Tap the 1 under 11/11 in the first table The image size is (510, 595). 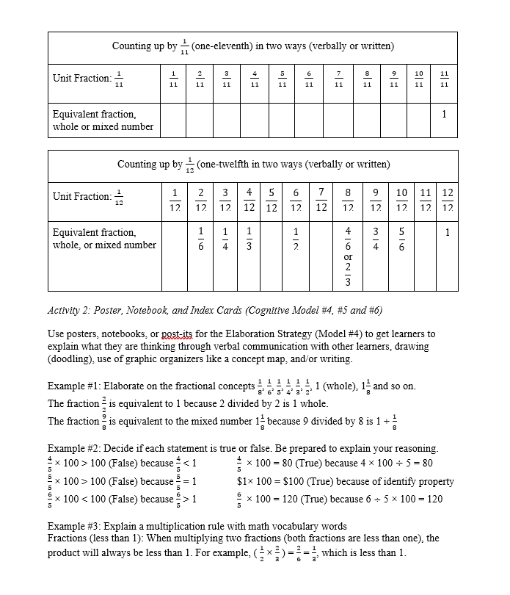tap(444, 115)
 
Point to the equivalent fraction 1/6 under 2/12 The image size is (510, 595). tap(200, 239)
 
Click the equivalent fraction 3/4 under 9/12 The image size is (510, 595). tap(375, 239)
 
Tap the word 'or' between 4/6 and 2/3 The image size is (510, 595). tap(348, 257)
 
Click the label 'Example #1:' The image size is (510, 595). tap(74, 386)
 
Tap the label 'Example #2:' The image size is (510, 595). tap(74, 448)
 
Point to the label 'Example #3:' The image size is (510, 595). tap(74, 527)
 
